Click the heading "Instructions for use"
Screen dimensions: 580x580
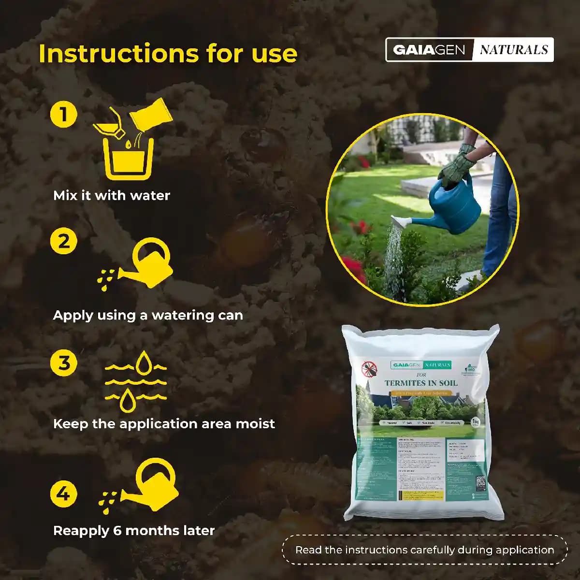pyautogui.click(x=168, y=53)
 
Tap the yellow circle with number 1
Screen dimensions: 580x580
pyautogui.click(x=64, y=115)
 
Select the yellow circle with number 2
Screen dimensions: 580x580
pyautogui.click(x=64, y=241)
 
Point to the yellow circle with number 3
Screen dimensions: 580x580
pyautogui.click(x=64, y=362)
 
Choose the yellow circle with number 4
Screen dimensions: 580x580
pyautogui.click(x=64, y=494)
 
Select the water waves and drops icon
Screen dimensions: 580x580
pyautogui.click(x=135, y=382)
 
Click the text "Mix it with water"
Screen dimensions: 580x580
pyautogui.click(x=112, y=196)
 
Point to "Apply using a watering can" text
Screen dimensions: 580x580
pyautogui.click(x=148, y=315)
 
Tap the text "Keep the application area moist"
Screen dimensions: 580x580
pyautogui.click(x=164, y=424)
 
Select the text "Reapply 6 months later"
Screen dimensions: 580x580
pyautogui.click(x=134, y=531)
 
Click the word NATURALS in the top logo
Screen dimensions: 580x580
pyautogui.click(x=513, y=50)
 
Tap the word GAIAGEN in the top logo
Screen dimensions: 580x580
pyautogui.click(x=429, y=50)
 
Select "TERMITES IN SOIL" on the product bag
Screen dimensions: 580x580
pyautogui.click(x=421, y=383)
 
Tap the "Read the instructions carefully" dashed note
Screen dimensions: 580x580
pyautogui.click(x=424, y=550)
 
